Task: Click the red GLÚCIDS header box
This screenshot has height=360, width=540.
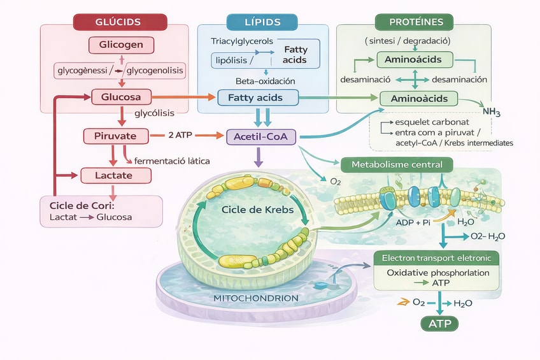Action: tap(120, 22)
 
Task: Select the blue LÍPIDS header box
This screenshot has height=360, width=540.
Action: tap(262, 22)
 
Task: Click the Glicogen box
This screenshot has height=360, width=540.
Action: tap(121, 45)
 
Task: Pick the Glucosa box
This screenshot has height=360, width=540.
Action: tap(121, 97)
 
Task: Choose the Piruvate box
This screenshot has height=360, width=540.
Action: tap(116, 136)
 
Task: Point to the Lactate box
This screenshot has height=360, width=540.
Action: tap(115, 175)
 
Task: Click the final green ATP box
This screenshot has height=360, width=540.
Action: tap(439, 323)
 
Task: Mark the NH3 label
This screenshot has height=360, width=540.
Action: tap(492, 112)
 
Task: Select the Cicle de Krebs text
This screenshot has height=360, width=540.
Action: tap(252, 210)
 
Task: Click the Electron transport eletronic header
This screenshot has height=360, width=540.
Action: tap(436, 258)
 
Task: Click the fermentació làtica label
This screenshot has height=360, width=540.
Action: tap(172, 161)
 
